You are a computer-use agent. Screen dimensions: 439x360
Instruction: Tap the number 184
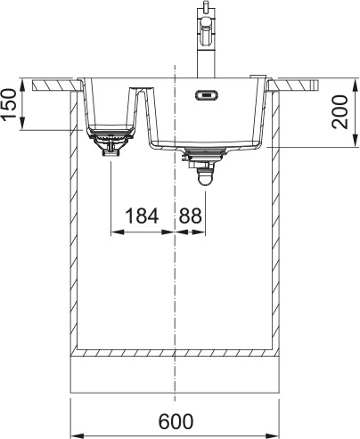pos(142,215)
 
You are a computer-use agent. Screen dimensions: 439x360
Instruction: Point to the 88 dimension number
pos(191,215)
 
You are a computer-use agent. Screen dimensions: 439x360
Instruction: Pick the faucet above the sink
pos(205,36)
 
